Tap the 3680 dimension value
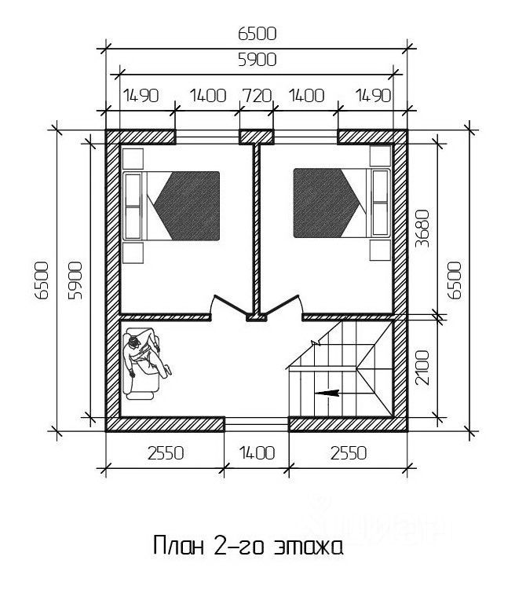422,228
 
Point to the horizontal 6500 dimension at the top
256,33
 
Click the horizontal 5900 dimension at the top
256,59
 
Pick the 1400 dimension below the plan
257,453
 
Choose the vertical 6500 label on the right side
455,280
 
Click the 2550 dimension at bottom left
164,453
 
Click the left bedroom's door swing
228,306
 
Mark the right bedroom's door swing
284,306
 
